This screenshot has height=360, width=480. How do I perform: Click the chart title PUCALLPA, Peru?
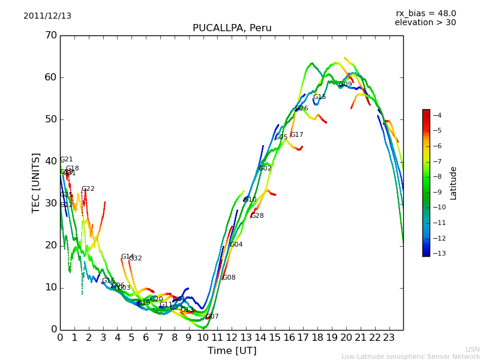[232, 28]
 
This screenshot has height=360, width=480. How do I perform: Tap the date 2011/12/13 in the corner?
[47, 16]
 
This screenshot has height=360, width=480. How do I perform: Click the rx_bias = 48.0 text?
[425, 14]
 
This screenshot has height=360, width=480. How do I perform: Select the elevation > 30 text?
[425, 23]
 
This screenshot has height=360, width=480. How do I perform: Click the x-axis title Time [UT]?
[232, 351]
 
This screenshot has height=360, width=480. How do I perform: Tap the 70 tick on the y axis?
[50, 35]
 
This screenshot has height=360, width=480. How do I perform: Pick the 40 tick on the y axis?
[50, 161]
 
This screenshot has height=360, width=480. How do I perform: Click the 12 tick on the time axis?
[232, 338]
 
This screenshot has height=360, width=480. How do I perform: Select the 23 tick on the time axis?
[389, 338]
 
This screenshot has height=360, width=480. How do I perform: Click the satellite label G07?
[212, 317]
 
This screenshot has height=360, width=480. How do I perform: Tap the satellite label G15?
[319, 97]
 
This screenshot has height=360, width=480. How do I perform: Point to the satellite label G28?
[257, 216]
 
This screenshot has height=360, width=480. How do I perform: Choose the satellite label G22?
[88, 189]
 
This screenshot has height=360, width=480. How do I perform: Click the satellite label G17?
[296, 135]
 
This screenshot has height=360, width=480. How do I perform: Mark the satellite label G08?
[229, 278]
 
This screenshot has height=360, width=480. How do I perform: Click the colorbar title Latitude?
[454, 183]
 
